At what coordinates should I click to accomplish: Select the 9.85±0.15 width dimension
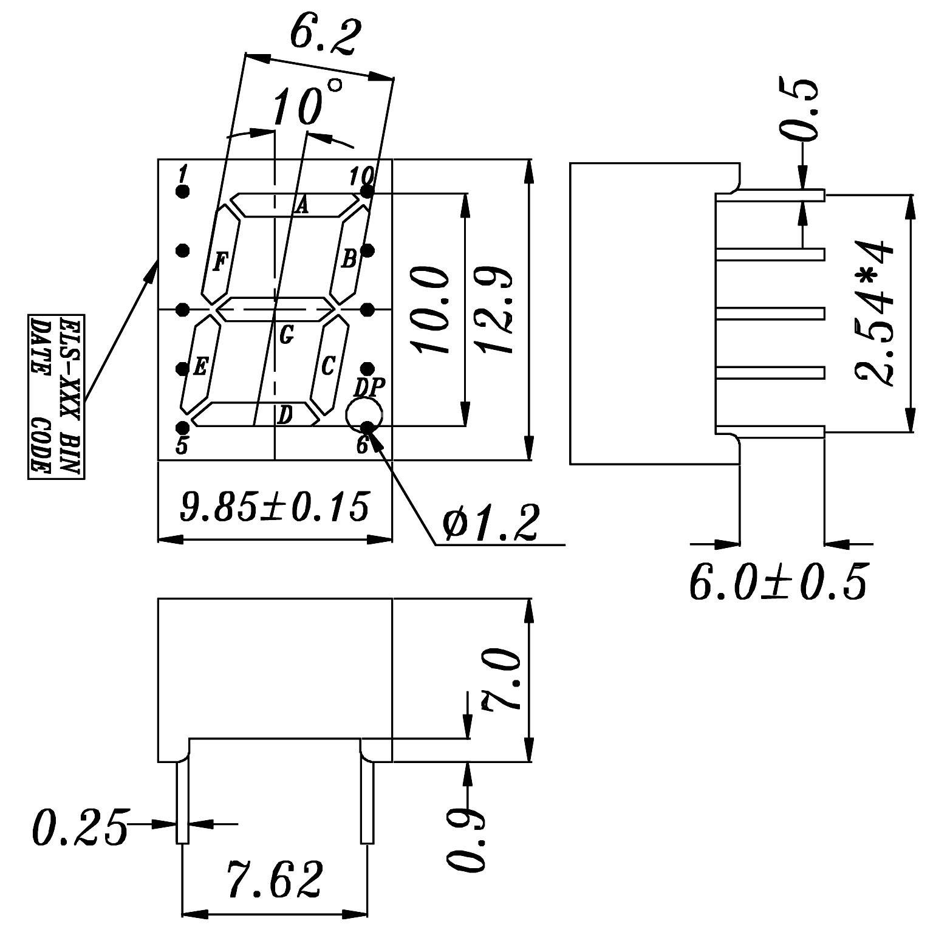[x=275, y=507]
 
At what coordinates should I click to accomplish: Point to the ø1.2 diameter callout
[x=491, y=524]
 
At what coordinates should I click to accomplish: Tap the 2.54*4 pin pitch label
[x=875, y=312]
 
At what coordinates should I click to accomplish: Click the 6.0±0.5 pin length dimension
[x=778, y=581]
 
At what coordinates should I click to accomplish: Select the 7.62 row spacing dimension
[x=275, y=878]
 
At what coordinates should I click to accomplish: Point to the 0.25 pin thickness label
[x=80, y=827]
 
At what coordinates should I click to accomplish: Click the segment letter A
[x=301, y=207]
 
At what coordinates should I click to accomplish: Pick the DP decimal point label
[x=369, y=386]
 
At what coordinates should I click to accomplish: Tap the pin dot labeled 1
[x=182, y=192]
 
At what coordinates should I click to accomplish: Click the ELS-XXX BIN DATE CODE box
[x=56, y=396]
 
